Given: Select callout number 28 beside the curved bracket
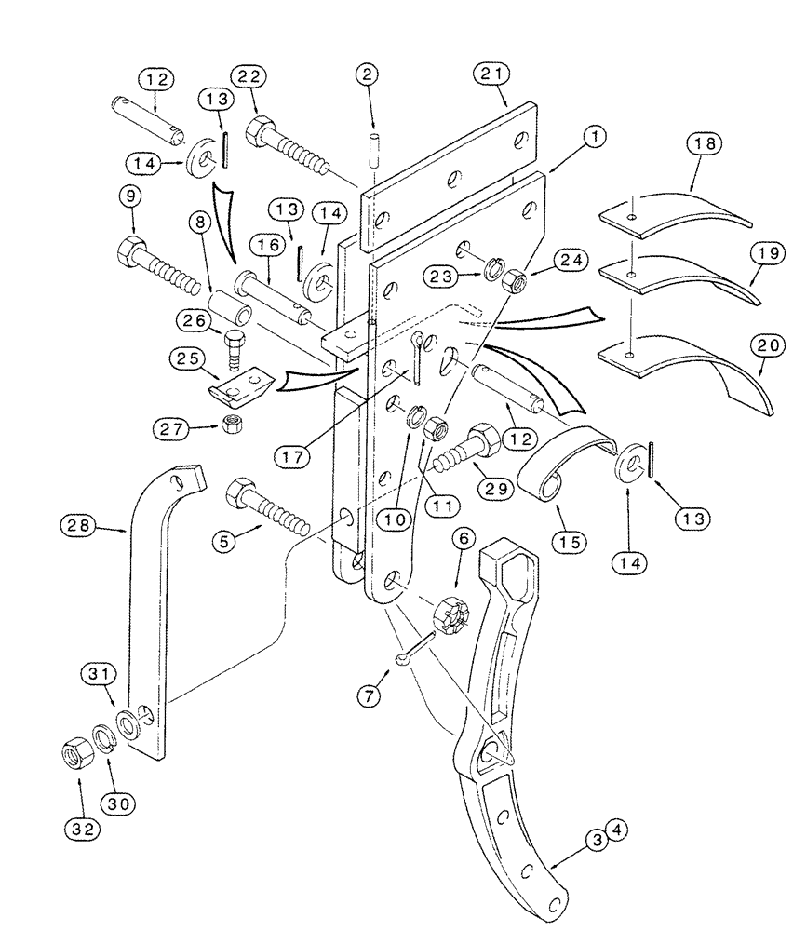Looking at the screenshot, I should [82, 527].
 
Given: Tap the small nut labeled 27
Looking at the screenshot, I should [229, 426].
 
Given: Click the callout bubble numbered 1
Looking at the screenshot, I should [593, 137].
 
